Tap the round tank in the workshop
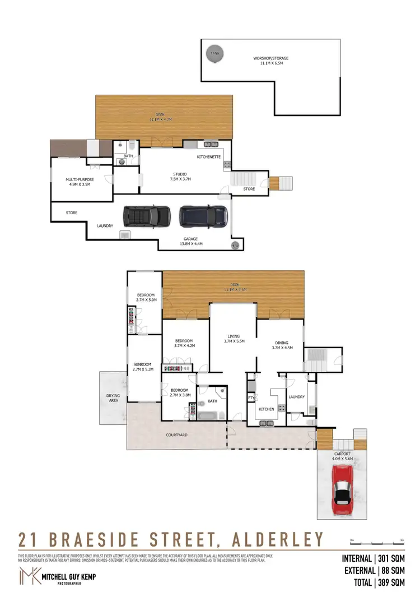[213, 54]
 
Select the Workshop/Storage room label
[270, 61]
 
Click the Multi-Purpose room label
[80, 182]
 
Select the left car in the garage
[147, 215]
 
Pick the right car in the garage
[203, 215]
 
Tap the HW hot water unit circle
[235, 246]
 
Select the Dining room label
[281, 345]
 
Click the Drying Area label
[113, 398]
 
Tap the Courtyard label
[176, 434]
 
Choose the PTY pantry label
[251, 399]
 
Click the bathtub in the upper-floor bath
[206, 415]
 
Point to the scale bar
[376, 543]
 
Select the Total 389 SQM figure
[374, 582]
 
